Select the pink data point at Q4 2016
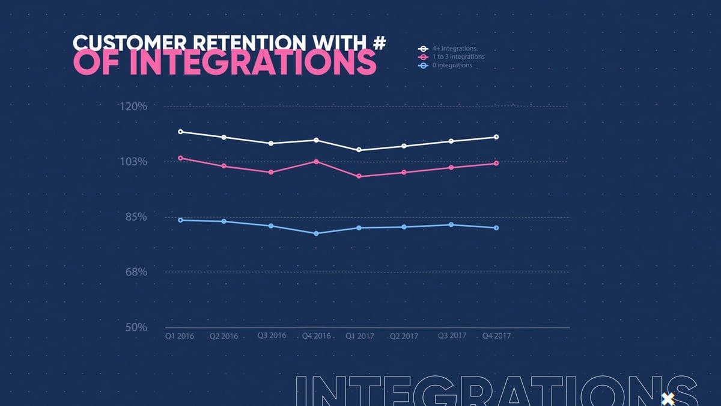tap(316, 161)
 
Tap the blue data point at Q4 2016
tap(316, 233)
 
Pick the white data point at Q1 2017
tap(359, 150)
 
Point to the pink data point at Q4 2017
tap(496, 163)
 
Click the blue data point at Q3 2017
tap(451, 225)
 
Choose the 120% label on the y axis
tap(133, 107)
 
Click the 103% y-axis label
tap(133, 162)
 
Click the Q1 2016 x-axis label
tap(180, 337)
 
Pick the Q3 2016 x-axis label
tap(272, 335)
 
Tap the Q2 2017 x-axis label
tap(404, 337)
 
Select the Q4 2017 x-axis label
tap(496, 336)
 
